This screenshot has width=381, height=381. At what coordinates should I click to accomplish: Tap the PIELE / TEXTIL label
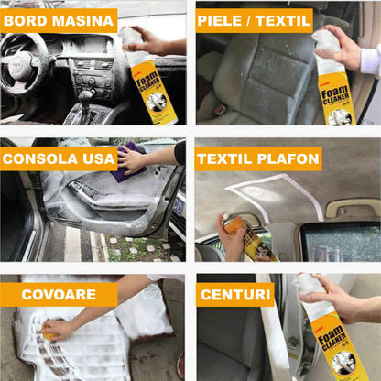pos(254,20)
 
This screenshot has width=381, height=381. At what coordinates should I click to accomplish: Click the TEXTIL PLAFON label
pos(258,158)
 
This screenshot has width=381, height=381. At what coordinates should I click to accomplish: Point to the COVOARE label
pos(58,295)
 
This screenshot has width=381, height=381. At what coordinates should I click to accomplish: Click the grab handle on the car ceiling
pos(353,208)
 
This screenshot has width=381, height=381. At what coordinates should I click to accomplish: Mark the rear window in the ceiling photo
pos(339,242)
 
